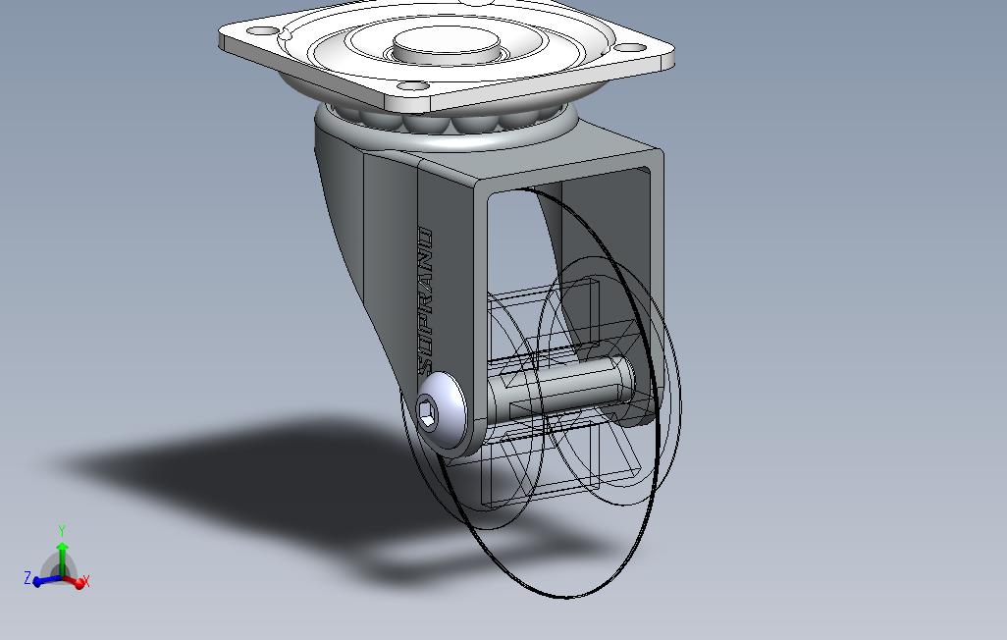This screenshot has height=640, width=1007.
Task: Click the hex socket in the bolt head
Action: (429, 412)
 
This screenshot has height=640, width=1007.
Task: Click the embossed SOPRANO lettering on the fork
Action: (424, 299)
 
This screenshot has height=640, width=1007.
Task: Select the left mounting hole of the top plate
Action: (260, 30)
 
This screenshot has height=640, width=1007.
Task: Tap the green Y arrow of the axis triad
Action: (62, 550)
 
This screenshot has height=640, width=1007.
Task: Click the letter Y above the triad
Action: (62, 531)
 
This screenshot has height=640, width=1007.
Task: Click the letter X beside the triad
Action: (86, 582)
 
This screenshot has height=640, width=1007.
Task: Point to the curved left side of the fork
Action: (339, 226)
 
